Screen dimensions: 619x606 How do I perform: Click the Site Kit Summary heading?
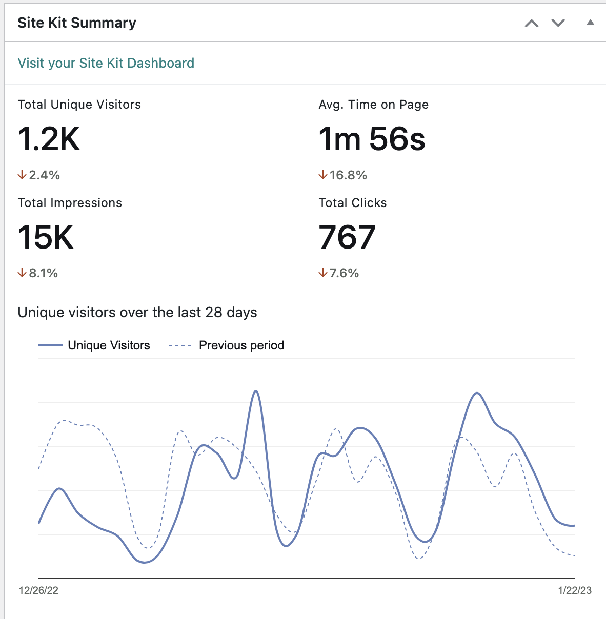tap(77, 23)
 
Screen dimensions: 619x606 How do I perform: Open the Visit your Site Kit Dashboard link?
tap(106, 63)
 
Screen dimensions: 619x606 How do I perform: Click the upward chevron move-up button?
tap(532, 23)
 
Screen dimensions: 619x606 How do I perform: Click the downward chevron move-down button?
tap(558, 23)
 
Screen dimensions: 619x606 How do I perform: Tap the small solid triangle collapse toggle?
tap(590, 23)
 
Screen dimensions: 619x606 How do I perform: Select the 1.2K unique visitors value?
tap(49, 139)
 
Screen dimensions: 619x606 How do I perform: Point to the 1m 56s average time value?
tap(372, 139)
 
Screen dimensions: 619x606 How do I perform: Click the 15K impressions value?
tap(46, 237)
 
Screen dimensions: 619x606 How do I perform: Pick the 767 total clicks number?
tap(347, 237)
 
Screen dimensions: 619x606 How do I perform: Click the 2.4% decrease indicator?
tap(39, 175)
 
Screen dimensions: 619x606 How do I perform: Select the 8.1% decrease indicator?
tap(38, 273)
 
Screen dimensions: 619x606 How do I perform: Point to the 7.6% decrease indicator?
tap(338, 273)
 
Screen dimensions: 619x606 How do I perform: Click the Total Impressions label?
tap(70, 203)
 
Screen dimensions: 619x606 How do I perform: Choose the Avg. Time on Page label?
tap(373, 105)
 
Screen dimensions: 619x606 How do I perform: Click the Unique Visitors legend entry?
tap(94, 345)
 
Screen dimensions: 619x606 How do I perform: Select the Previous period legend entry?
tap(227, 345)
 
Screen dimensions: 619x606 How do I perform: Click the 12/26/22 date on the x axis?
tap(38, 590)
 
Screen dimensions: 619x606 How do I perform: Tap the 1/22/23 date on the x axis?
tap(574, 590)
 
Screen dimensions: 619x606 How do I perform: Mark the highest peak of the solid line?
tap(256, 391)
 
